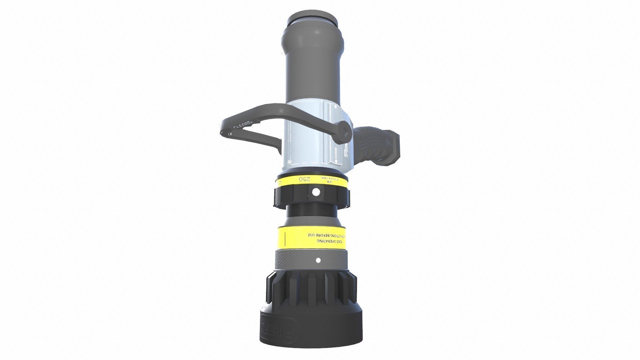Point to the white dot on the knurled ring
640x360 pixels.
(x=318, y=260)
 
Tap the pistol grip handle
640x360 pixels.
(x=377, y=145)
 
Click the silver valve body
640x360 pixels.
(x=307, y=140)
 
